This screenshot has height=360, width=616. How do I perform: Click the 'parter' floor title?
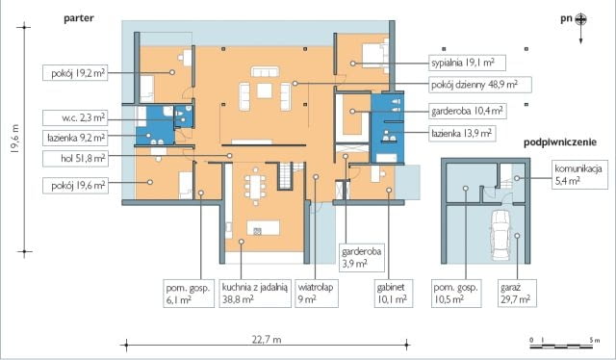(x=78, y=18)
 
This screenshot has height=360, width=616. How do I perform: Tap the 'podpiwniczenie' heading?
(x=561, y=142)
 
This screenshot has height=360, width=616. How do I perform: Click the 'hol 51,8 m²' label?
(x=83, y=157)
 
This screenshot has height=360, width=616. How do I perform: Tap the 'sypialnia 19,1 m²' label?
(x=466, y=62)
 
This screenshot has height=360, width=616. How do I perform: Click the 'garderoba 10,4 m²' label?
(x=471, y=111)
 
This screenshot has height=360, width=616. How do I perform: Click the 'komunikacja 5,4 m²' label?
(x=579, y=173)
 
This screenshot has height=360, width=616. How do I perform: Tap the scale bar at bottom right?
(x=565, y=341)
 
